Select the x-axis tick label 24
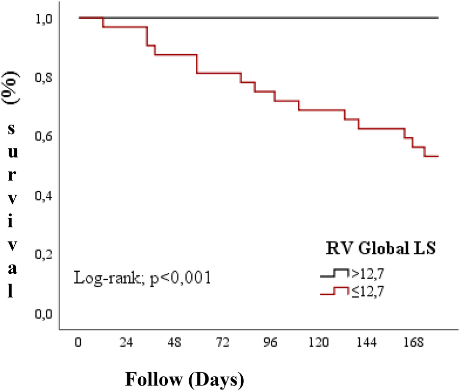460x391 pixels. [126, 343]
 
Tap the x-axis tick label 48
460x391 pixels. [174, 343]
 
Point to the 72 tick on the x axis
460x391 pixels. [222, 343]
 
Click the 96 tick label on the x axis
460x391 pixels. [270, 343]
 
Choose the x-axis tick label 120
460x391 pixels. [319, 343]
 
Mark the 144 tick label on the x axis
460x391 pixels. [367, 343]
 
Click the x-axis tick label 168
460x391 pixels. [415, 343]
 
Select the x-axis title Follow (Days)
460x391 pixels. [184, 379]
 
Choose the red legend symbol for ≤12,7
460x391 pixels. [334, 292]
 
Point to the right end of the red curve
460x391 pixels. [438, 156]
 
